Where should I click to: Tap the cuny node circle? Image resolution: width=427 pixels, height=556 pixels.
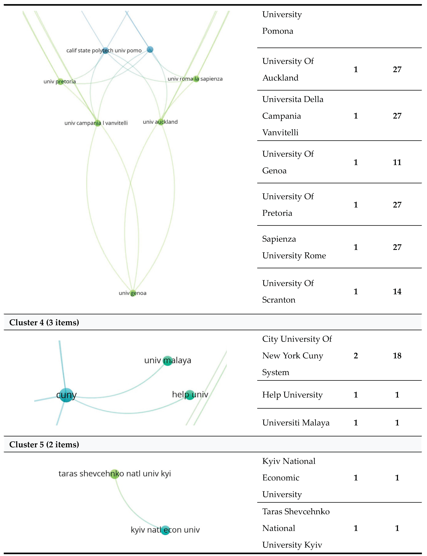point(66,395)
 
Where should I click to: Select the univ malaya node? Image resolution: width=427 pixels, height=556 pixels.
point(168,361)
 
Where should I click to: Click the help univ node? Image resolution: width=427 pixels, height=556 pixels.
point(190,395)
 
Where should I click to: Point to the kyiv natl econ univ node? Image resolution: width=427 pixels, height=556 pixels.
point(165,530)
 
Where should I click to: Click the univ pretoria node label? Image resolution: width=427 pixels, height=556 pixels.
point(60,82)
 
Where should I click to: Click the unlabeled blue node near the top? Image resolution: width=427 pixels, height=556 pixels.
point(150,49)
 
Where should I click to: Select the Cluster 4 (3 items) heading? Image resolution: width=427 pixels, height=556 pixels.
point(44,322)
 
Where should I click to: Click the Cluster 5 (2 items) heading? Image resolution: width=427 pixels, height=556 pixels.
point(44,444)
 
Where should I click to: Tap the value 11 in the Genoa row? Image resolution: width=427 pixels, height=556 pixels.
point(397,162)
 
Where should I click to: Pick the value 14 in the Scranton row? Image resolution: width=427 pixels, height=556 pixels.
point(397,291)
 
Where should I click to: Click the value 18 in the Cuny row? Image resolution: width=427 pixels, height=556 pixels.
point(397,356)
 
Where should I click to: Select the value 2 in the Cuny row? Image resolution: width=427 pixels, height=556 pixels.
point(356,356)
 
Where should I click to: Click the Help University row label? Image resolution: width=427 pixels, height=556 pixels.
point(292,395)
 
